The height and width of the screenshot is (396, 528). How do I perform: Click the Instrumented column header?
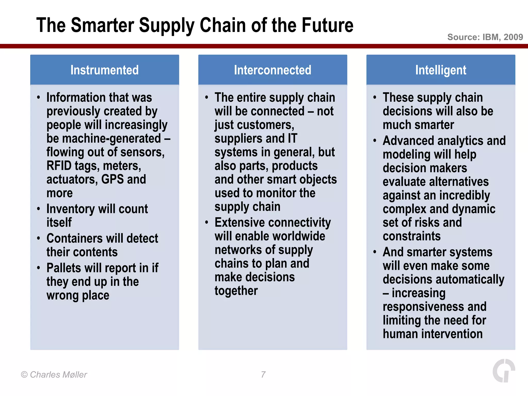coord(104,70)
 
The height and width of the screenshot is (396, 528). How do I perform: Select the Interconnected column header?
coord(273,70)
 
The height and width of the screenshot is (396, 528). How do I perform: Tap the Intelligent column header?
coord(441,70)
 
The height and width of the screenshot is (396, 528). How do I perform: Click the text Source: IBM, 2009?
coord(485,37)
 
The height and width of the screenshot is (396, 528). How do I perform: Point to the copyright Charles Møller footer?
coord(54,374)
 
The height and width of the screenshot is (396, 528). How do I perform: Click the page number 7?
coord(263,374)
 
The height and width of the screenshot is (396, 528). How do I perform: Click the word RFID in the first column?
coord(59,166)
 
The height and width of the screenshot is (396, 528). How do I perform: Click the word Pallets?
coord(64,268)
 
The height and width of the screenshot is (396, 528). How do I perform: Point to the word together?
coord(236,291)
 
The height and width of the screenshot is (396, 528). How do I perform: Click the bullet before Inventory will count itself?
coord(38,209)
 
